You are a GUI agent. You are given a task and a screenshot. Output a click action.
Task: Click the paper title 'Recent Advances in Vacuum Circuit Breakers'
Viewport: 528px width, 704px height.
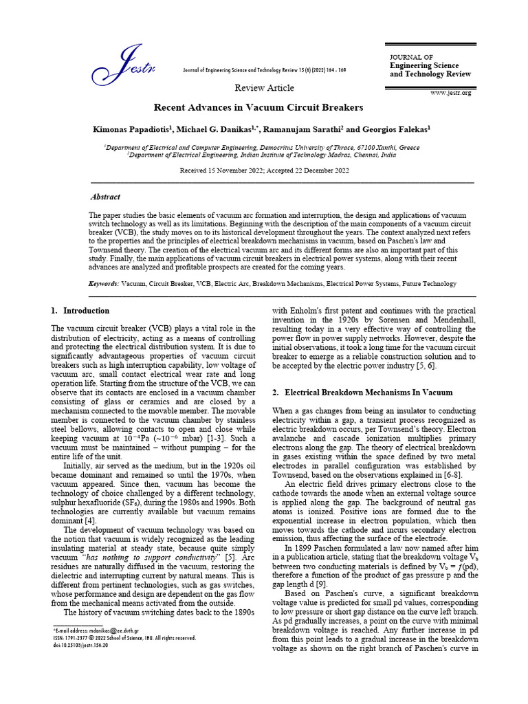point(258,108)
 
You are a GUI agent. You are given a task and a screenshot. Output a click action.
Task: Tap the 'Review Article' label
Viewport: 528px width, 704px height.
point(264,88)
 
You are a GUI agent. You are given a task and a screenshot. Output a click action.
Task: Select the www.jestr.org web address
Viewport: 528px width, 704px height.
point(451,92)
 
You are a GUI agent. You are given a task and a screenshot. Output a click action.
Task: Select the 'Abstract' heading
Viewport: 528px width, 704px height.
point(105,197)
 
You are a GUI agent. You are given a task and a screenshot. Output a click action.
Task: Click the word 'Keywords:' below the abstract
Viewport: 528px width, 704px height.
point(104,283)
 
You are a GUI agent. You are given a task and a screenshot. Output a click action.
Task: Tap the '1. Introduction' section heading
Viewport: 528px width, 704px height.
point(80,311)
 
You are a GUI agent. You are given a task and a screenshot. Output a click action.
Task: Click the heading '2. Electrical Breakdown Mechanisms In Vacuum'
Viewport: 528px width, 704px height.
point(363,393)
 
